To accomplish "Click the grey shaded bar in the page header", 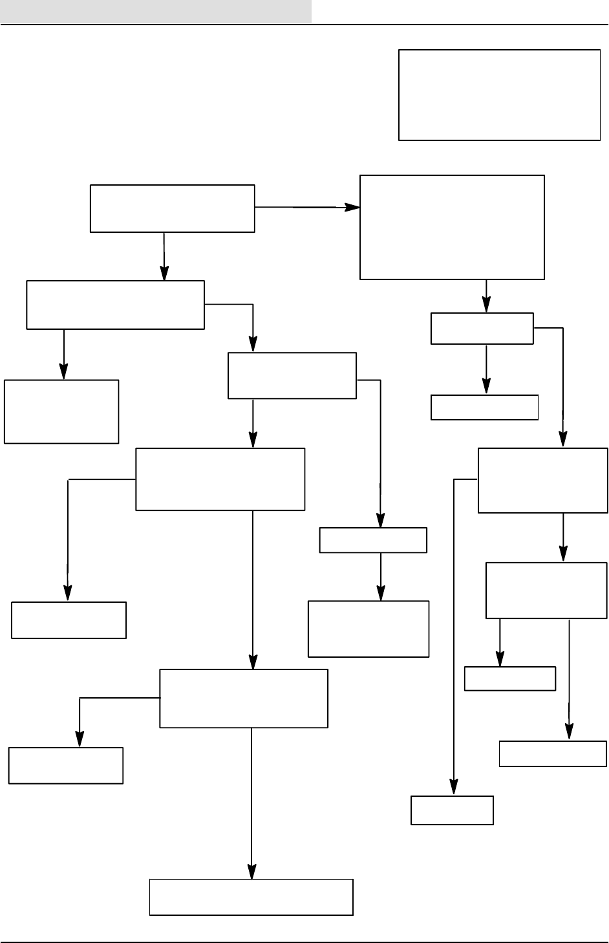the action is point(155,11).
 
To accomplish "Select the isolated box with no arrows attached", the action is point(499,94).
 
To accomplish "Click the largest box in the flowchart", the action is point(452,227).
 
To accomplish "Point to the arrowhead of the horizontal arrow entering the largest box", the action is point(354,208).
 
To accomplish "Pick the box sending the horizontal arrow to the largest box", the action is point(172,208).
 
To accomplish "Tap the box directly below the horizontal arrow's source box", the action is point(115,305).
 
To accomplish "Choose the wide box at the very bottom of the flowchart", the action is point(251,897).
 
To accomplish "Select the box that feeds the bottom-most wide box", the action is point(243,699).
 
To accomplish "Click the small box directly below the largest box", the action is point(482,329).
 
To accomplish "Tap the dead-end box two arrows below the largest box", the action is point(484,407).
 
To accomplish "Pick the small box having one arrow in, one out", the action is point(373,540).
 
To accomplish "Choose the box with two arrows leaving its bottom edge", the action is point(546,591).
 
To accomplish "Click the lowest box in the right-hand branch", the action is point(452,810).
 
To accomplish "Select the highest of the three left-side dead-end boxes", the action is point(61,411).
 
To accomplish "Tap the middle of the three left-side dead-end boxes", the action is point(69,620).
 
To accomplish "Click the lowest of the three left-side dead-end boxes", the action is point(65,766).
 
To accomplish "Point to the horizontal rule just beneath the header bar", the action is point(304,25).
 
